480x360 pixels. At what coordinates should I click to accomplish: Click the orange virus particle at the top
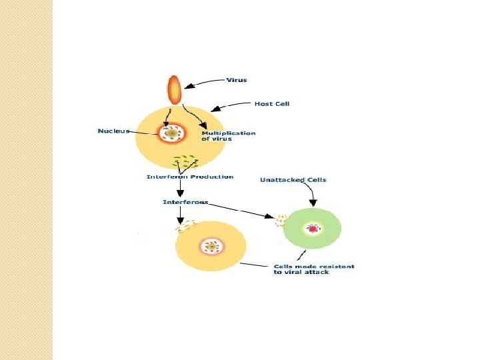173,89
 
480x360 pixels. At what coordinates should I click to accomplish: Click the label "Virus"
237,80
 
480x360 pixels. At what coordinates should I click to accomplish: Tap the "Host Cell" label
272,103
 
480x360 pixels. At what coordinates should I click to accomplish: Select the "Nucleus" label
113,131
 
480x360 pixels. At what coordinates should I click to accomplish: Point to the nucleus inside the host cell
171,134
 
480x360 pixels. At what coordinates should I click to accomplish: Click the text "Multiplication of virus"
228,135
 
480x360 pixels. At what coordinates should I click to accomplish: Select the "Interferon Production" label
190,177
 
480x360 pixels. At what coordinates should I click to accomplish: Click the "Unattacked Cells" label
293,180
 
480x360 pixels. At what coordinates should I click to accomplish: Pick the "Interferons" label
185,201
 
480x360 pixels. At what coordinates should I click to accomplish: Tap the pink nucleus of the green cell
313,229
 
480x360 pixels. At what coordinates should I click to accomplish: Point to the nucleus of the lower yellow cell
212,247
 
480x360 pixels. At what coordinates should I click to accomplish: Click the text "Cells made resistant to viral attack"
313,269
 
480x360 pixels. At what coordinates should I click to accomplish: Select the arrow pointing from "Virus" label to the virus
203,83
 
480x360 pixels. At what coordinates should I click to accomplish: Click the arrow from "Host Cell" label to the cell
230,105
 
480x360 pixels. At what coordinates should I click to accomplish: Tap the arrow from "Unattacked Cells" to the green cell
312,194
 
